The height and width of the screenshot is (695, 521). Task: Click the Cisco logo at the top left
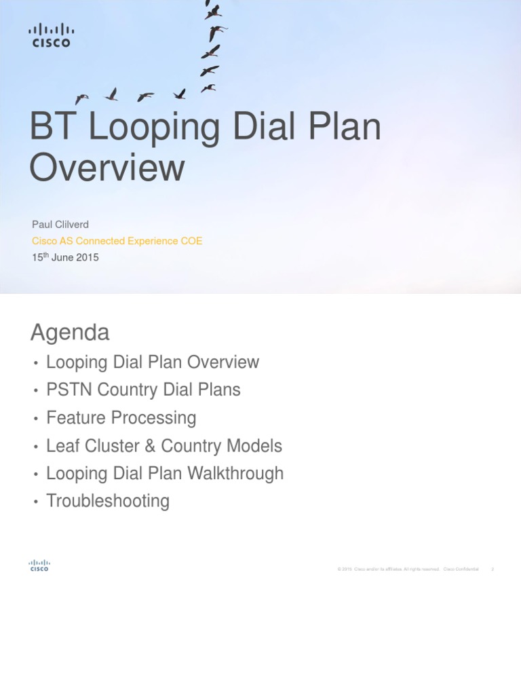(x=51, y=35)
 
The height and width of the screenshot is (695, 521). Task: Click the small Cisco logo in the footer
(x=39, y=565)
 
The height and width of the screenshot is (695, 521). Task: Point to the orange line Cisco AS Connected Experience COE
(x=117, y=241)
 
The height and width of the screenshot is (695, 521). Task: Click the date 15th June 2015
(x=65, y=257)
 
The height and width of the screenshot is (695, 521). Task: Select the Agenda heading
(x=70, y=333)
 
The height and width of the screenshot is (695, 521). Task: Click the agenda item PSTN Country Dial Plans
(x=143, y=390)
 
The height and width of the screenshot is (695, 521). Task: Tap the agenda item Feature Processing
(x=121, y=418)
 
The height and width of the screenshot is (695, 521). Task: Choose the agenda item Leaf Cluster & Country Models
(x=164, y=446)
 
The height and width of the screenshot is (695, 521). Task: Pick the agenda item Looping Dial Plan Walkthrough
(x=165, y=473)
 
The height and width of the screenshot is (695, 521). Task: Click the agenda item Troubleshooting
(x=108, y=501)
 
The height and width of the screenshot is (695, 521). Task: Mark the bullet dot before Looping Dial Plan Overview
(x=35, y=363)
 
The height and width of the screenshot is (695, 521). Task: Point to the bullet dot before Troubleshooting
(x=35, y=502)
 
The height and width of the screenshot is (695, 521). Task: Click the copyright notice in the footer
(x=408, y=569)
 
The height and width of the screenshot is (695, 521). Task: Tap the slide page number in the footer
(x=492, y=569)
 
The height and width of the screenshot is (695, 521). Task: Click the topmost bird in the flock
(x=212, y=11)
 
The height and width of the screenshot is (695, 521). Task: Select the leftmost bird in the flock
(x=82, y=98)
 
